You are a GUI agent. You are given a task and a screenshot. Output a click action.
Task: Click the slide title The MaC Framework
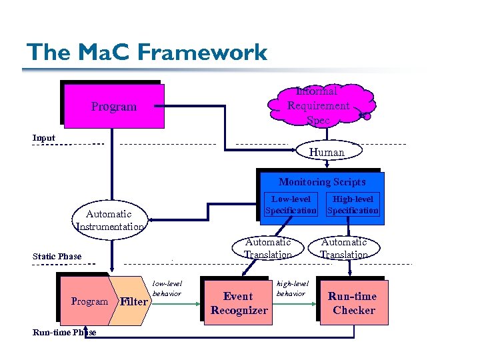pyautogui.click(x=146, y=52)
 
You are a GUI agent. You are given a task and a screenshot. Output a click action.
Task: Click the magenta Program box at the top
pyautogui.click(x=114, y=106)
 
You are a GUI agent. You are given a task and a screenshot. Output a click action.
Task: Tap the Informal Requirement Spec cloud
pyautogui.click(x=318, y=105)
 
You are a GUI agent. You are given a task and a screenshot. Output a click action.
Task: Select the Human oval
pyautogui.click(x=327, y=152)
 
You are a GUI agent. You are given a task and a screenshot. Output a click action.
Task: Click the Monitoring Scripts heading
pyautogui.click(x=322, y=182)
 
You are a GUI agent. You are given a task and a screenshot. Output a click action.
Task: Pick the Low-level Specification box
pyautogui.click(x=291, y=205)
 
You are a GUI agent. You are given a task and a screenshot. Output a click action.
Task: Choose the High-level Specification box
pyautogui.click(x=353, y=205)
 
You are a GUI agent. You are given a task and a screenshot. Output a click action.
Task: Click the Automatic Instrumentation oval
pyautogui.click(x=110, y=220)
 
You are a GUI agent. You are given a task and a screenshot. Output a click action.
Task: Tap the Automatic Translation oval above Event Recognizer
pyautogui.click(x=267, y=248)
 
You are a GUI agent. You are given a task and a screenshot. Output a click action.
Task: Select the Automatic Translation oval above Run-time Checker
pyautogui.click(x=344, y=248)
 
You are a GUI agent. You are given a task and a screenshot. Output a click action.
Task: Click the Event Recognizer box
pyautogui.click(x=239, y=303)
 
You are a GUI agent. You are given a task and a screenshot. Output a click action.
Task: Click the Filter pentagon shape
pyautogui.click(x=133, y=301)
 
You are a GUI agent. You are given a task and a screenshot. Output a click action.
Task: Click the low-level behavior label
pyautogui.click(x=167, y=288)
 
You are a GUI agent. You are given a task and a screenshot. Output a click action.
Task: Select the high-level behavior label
pyautogui.click(x=291, y=288)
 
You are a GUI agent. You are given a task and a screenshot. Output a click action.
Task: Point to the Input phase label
pyautogui.click(x=44, y=138)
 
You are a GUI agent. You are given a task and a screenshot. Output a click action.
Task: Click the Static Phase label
pyautogui.click(x=57, y=256)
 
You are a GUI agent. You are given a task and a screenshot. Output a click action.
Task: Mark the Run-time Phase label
pyautogui.click(x=63, y=332)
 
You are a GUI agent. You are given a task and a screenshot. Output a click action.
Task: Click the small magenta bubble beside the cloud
pyautogui.click(x=365, y=116)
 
